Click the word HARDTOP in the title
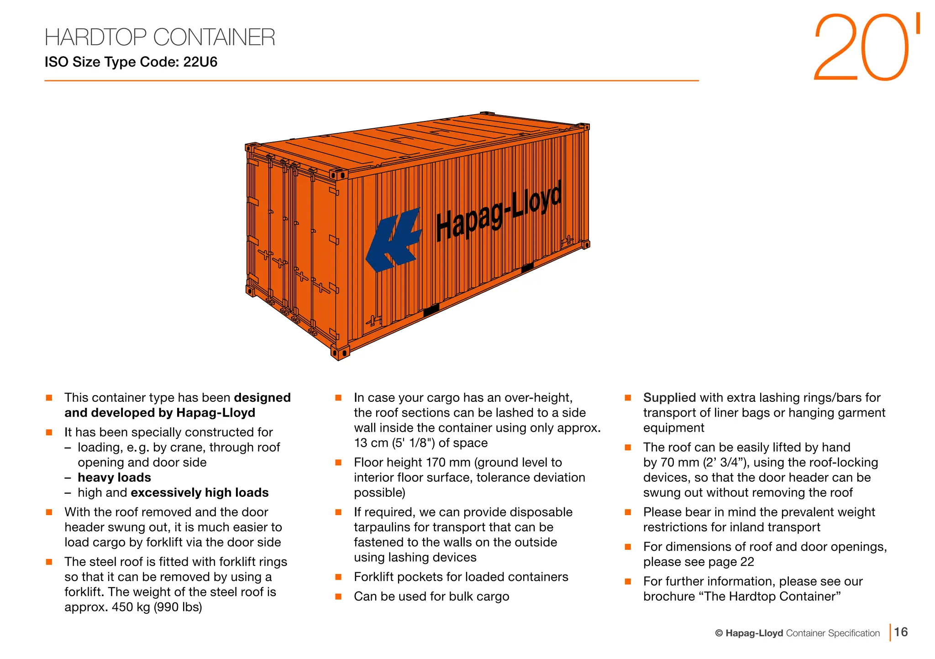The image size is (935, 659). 95,37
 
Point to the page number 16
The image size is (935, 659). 901,632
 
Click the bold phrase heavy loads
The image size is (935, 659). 114,478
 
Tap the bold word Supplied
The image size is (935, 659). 669,398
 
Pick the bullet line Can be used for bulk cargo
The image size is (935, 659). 431,597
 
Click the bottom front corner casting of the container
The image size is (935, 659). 340,353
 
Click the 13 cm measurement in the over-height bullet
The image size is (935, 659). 371,443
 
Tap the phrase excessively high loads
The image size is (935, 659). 200,493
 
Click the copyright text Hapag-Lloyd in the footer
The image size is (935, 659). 754,633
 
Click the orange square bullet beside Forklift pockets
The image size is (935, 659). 338,577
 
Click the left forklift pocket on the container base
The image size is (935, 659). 431,310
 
